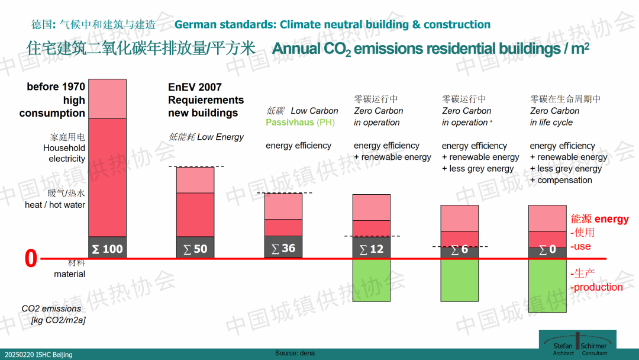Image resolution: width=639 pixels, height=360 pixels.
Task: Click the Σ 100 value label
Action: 107,249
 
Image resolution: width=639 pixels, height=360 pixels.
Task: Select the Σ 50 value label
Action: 195,249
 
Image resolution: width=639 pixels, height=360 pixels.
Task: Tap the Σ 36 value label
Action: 283,248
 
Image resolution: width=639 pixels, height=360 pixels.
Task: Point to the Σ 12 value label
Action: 372,249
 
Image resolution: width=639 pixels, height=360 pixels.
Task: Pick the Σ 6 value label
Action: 460,249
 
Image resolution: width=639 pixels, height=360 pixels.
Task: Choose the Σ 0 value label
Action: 547,249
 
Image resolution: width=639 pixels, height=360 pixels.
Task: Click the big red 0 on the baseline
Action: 31,259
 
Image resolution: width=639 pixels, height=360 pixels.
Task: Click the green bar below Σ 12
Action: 372,280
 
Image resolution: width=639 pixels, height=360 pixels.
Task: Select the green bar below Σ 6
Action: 460,280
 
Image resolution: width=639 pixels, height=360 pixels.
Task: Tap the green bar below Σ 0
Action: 547,285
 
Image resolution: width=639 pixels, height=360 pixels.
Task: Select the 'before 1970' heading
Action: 56,87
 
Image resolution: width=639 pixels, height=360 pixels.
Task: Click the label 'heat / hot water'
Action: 55,205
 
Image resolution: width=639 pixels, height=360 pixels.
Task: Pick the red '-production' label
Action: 596,287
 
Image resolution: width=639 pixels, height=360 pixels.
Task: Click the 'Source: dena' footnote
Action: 295,353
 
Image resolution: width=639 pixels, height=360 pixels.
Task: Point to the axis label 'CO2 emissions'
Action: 51,308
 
